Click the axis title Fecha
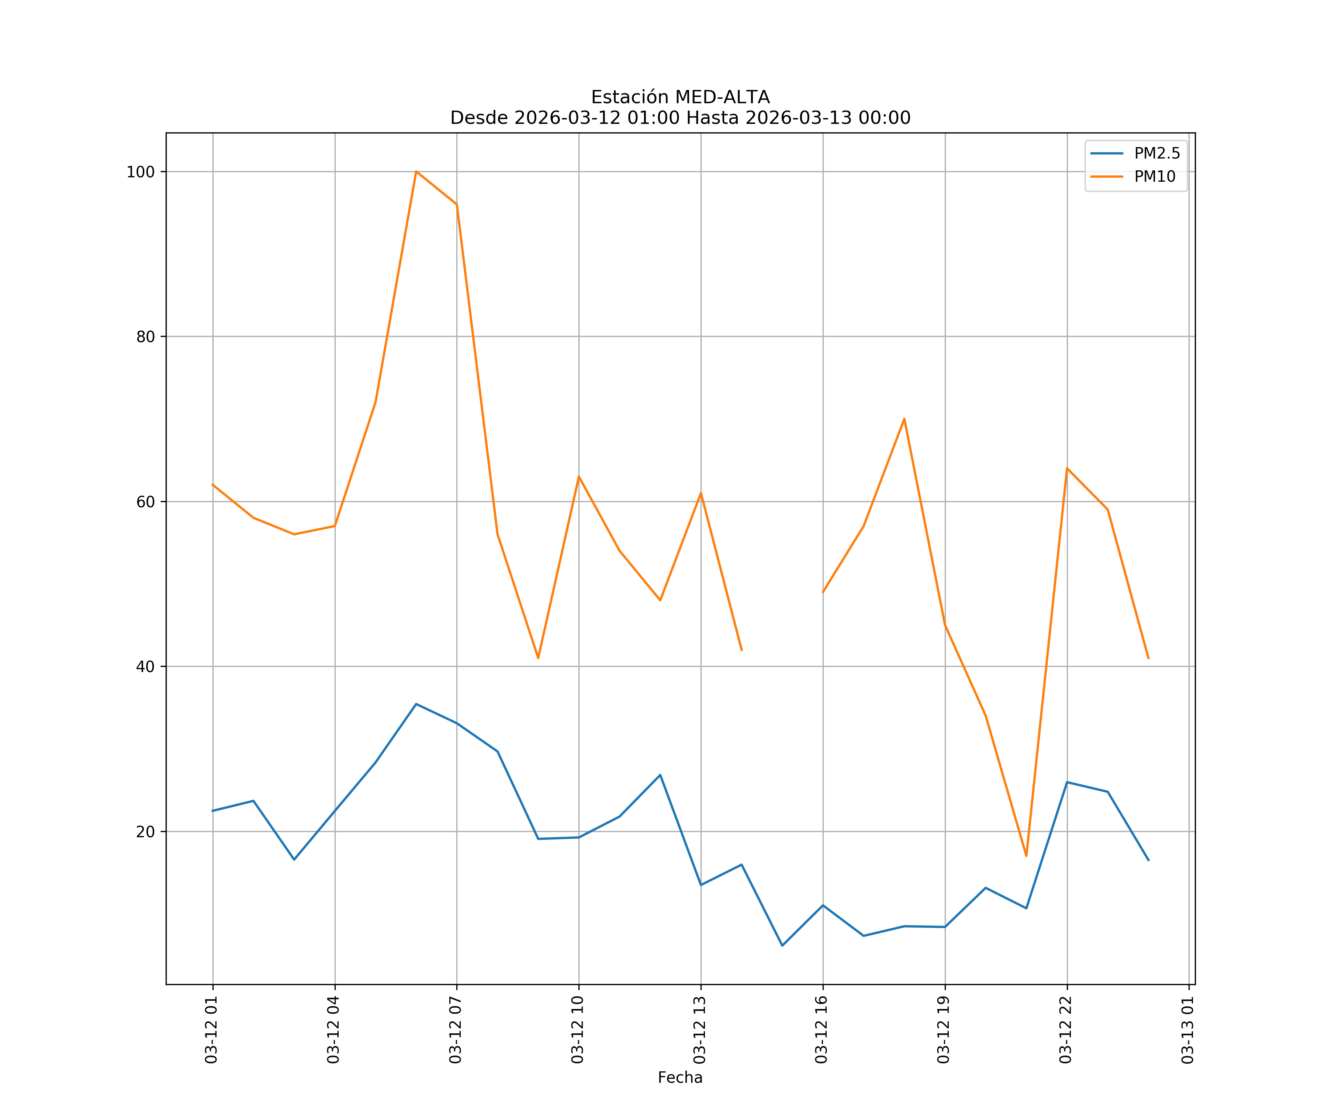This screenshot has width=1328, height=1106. tap(680, 1078)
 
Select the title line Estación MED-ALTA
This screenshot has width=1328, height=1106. tap(680, 97)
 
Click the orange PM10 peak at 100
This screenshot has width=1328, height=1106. tap(416, 171)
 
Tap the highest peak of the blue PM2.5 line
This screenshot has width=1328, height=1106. tap(416, 704)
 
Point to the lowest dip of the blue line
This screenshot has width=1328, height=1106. tap(782, 946)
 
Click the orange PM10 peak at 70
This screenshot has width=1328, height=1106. tap(904, 419)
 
